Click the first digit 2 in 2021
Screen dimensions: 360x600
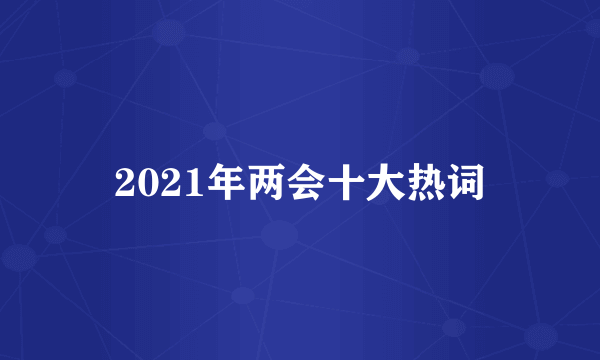124,184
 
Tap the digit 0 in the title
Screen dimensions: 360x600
142,184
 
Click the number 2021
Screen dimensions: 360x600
151,184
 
